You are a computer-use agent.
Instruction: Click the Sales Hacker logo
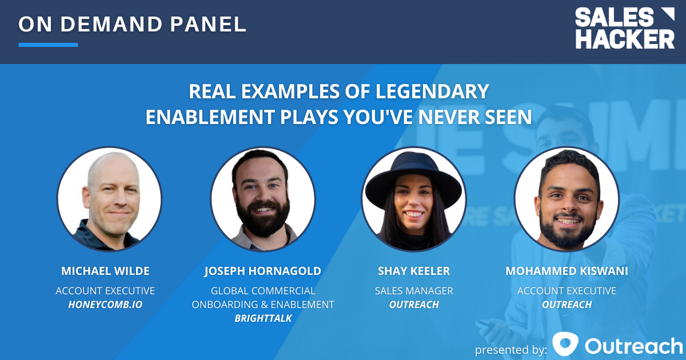click(x=624, y=28)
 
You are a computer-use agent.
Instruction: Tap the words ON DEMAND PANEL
click(x=133, y=24)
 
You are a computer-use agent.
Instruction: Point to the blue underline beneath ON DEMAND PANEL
click(x=48, y=45)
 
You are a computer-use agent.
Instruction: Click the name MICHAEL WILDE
click(x=105, y=271)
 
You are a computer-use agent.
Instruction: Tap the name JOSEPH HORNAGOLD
click(x=263, y=271)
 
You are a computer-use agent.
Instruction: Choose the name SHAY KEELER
click(x=414, y=271)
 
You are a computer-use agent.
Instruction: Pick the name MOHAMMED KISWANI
click(x=567, y=271)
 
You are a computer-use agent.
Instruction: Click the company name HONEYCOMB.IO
click(x=105, y=305)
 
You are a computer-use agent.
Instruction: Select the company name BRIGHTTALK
click(x=263, y=318)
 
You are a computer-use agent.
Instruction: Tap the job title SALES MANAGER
click(x=414, y=291)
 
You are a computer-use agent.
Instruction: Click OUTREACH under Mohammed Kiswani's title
click(x=567, y=305)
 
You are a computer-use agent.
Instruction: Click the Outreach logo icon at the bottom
click(x=565, y=345)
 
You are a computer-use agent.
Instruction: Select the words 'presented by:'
click(x=510, y=349)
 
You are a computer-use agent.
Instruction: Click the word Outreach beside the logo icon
click(x=633, y=345)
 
